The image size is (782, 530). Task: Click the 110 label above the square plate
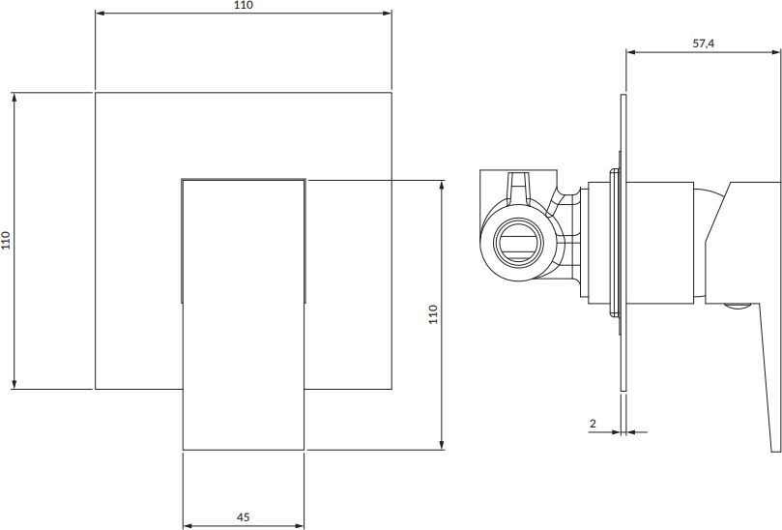(x=244, y=6)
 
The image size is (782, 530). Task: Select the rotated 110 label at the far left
(x=6, y=241)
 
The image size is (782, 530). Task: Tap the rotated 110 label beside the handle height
(x=433, y=314)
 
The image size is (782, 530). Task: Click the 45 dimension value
(x=243, y=517)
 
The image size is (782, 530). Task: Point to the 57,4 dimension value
(x=703, y=44)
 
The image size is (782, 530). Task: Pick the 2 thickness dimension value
(x=593, y=424)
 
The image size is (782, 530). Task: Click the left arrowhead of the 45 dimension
(x=188, y=525)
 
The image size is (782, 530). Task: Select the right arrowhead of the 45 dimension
(x=300, y=525)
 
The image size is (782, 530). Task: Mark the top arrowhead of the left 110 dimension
(x=14, y=98)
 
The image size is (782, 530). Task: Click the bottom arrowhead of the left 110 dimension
(x=14, y=384)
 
